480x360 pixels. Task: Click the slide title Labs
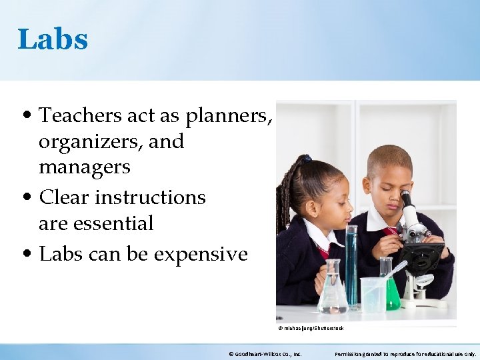pos(53,39)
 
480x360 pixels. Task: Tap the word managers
pos(85,167)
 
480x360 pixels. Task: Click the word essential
pos(115,223)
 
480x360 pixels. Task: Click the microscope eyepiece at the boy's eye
pos(406,198)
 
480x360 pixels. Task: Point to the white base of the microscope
pos(427,301)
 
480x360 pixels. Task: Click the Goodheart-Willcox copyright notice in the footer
pos(265,354)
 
